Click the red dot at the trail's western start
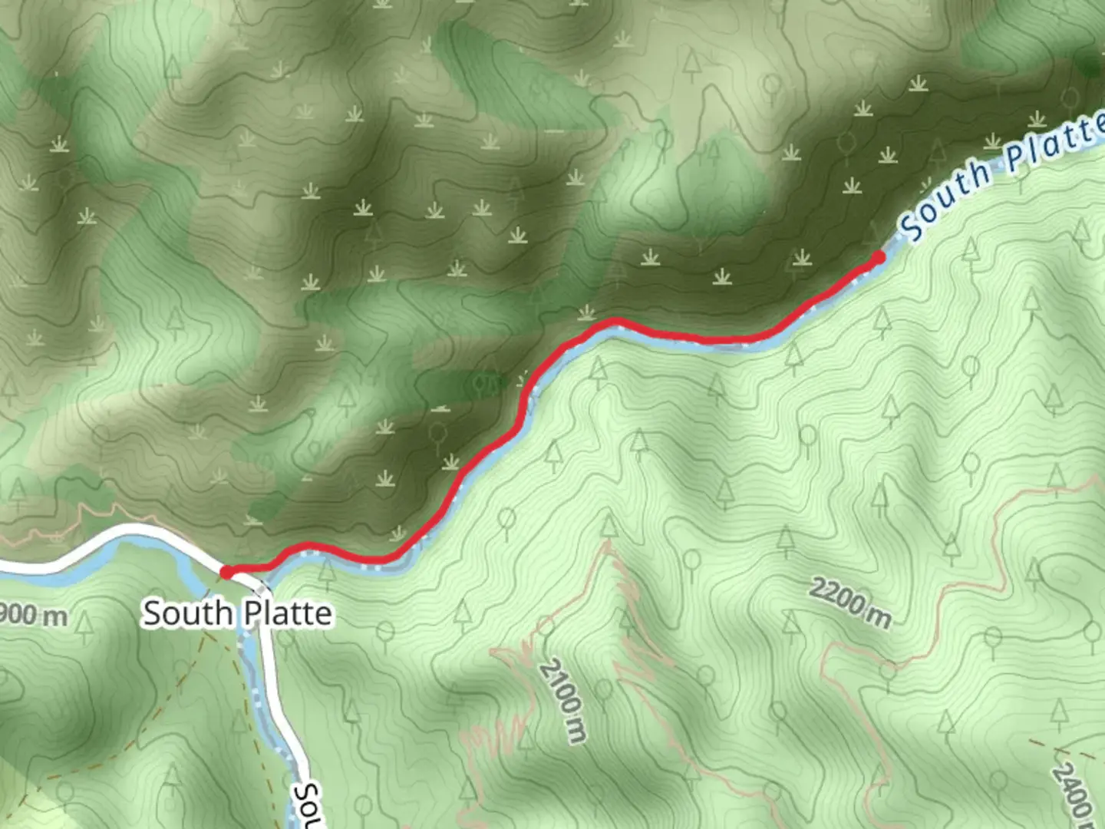[227, 572]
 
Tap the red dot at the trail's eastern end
[878, 258]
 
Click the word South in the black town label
[187, 613]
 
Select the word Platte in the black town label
[288, 613]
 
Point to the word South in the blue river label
[946, 199]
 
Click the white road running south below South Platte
[281, 706]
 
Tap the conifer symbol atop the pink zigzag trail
[609, 526]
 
